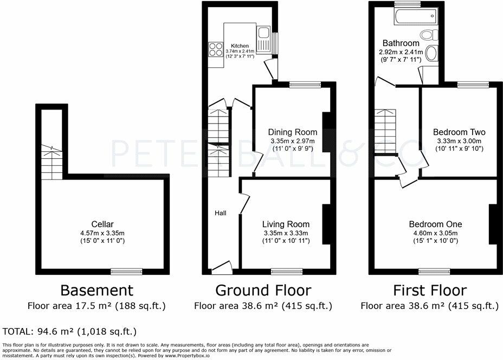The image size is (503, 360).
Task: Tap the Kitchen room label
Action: click(x=240, y=46)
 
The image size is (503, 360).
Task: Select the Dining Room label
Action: click(x=293, y=132)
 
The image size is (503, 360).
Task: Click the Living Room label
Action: click(x=286, y=224)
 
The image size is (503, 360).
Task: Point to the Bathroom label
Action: click(x=401, y=43)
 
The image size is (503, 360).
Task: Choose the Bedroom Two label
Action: click(x=459, y=132)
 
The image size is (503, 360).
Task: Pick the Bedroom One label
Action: click(x=435, y=224)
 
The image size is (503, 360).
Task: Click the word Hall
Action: click(x=221, y=213)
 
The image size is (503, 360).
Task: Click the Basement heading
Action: click(x=96, y=290)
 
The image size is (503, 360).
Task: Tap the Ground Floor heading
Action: click(x=263, y=290)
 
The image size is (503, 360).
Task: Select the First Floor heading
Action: click(x=429, y=290)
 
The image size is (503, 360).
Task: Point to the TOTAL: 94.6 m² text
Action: click(x=69, y=331)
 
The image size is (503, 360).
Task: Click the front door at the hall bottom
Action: click(x=221, y=266)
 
